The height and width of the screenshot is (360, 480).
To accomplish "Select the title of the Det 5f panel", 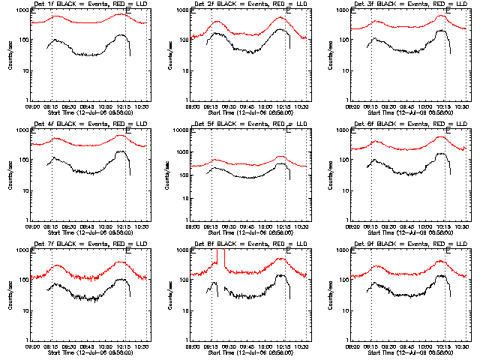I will [250, 124].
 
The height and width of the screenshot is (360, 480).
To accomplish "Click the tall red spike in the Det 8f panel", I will [217, 259].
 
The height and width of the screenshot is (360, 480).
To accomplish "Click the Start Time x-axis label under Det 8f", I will [250, 352].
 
